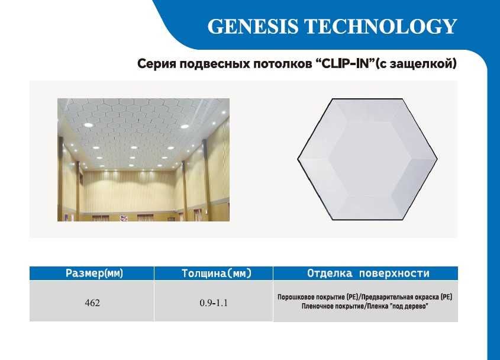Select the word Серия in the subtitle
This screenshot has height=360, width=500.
click(x=155, y=63)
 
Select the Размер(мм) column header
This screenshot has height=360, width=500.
click(x=92, y=274)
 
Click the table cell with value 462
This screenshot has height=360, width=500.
click(x=92, y=303)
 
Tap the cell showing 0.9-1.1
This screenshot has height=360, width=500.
click(x=213, y=303)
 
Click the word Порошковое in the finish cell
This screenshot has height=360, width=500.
click(x=299, y=297)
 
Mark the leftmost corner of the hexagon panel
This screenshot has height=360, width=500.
click(x=297, y=159)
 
